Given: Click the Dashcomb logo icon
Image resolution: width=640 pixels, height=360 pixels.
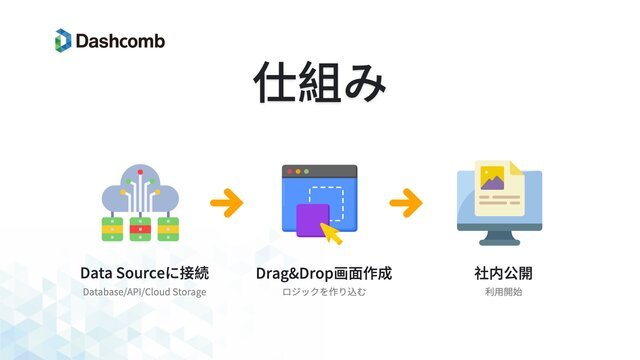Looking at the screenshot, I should pyautogui.click(x=63, y=41).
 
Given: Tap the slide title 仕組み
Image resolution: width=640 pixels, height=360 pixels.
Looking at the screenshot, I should pyautogui.click(x=319, y=84).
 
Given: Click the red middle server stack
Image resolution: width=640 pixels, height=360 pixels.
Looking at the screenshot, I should pyautogui.click(x=141, y=229).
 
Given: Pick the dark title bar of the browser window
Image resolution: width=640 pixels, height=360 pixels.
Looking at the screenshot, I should pyautogui.click(x=319, y=171).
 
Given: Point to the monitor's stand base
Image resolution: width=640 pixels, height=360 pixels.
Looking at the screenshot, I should pyautogui.click(x=497, y=242).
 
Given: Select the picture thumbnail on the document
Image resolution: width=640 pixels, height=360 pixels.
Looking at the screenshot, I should pyautogui.click(x=492, y=179).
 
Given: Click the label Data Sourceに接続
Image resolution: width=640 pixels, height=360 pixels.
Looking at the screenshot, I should pyautogui.click(x=144, y=273).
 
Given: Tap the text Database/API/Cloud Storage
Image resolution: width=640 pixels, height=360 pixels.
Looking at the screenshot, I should pyautogui.click(x=144, y=292).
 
